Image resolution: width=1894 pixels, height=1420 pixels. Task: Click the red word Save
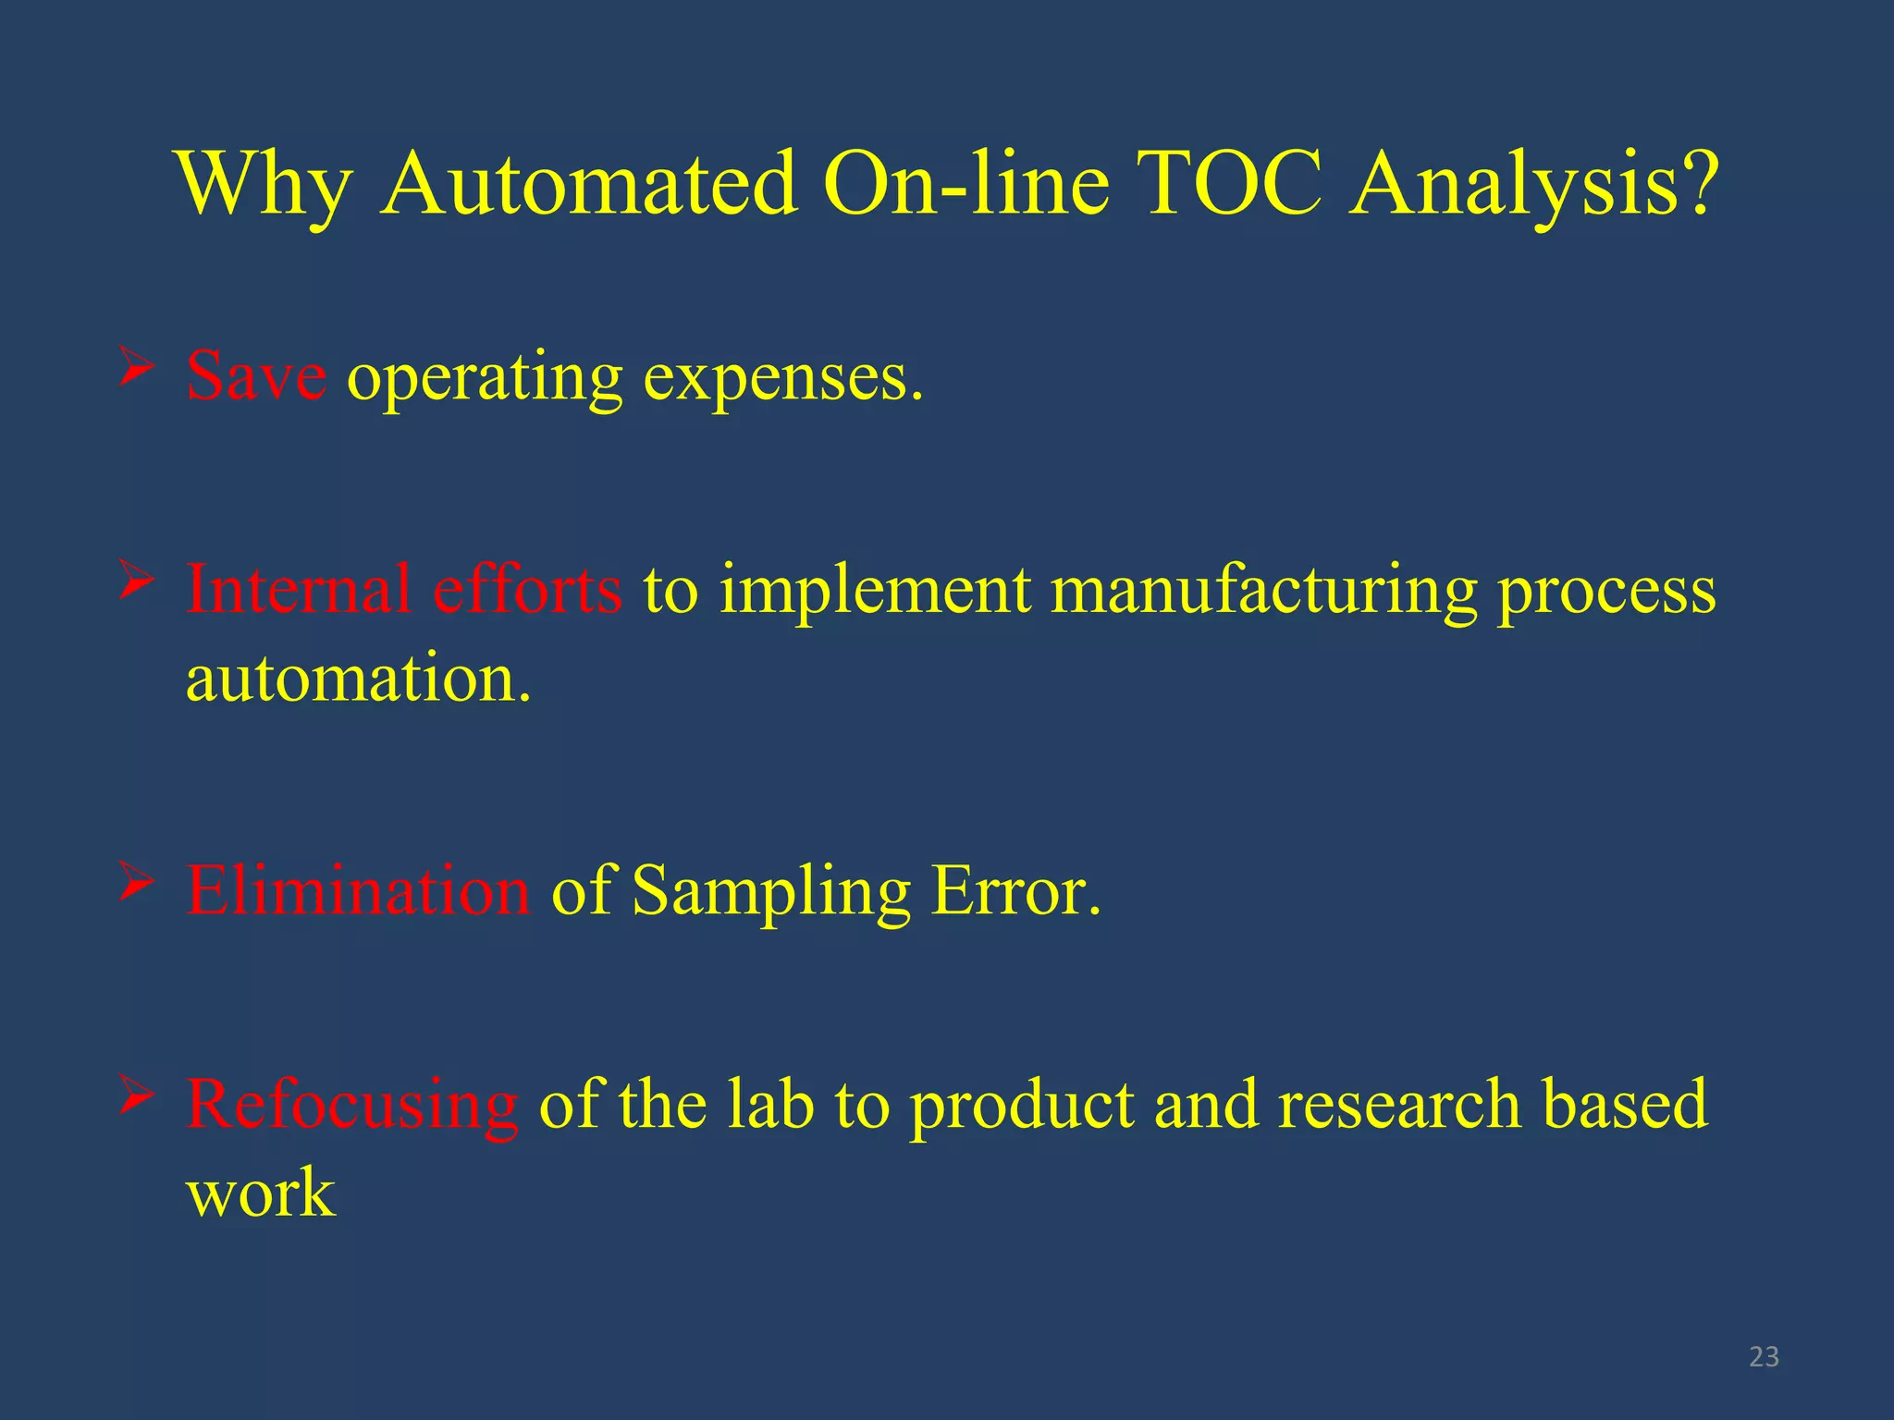click(255, 377)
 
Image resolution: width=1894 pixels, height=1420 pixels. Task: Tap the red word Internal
click(298, 589)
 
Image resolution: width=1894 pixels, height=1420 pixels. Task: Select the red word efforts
click(527, 589)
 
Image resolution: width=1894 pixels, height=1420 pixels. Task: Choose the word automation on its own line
click(359, 679)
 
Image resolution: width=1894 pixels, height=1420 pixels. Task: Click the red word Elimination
click(358, 890)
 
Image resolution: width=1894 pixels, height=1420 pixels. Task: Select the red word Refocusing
click(351, 1105)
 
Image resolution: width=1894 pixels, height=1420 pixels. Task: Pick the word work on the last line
click(261, 1193)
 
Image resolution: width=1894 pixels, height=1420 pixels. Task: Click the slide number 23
click(1764, 1356)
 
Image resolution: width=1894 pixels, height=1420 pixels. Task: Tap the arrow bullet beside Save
click(135, 369)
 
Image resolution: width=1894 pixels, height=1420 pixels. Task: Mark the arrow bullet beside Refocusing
click(135, 1096)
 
